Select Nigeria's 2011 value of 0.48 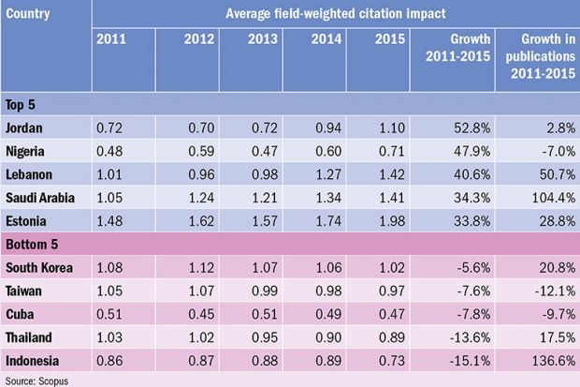pos(110,149)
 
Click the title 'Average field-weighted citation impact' pos(335,14)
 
